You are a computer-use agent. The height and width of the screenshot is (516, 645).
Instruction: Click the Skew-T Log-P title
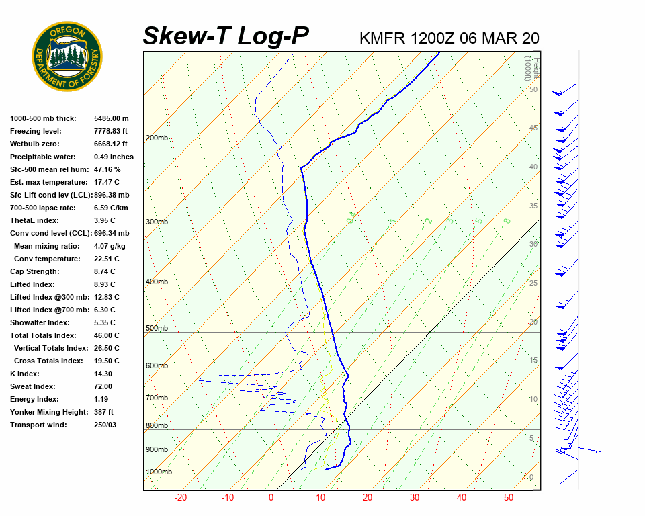pyautogui.click(x=226, y=36)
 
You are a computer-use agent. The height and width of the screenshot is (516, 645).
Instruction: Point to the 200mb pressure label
pyautogui.click(x=157, y=138)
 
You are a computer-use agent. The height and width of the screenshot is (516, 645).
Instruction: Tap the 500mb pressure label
pyautogui.click(x=157, y=329)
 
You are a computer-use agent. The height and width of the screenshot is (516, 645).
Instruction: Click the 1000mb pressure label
pyautogui.click(x=159, y=472)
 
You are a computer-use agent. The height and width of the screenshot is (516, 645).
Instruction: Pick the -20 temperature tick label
pyautogui.click(x=180, y=498)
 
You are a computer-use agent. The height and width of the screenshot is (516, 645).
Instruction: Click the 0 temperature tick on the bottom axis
pyautogui.click(x=271, y=498)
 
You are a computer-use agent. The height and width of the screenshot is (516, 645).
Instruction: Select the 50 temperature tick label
pyautogui.click(x=509, y=498)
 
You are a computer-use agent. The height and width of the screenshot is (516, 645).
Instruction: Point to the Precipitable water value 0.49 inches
pyautogui.click(x=114, y=157)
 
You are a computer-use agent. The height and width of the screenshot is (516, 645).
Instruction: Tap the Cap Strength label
pyautogui.click(x=34, y=271)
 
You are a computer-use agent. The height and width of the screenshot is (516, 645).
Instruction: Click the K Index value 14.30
pyautogui.click(x=103, y=374)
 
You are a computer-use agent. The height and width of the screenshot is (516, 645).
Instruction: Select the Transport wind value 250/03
pyautogui.click(x=105, y=425)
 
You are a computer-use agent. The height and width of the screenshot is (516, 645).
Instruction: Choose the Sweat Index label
pyautogui.click(x=33, y=386)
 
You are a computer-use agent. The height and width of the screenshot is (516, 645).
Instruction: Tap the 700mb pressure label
pyautogui.click(x=157, y=398)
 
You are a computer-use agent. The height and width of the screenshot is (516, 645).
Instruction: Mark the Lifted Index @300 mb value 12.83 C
pyautogui.click(x=107, y=297)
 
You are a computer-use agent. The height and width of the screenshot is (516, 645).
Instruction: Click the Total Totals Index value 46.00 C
pyautogui.click(x=107, y=335)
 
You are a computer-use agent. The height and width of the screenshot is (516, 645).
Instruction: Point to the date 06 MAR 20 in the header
pyautogui.click(x=499, y=38)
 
